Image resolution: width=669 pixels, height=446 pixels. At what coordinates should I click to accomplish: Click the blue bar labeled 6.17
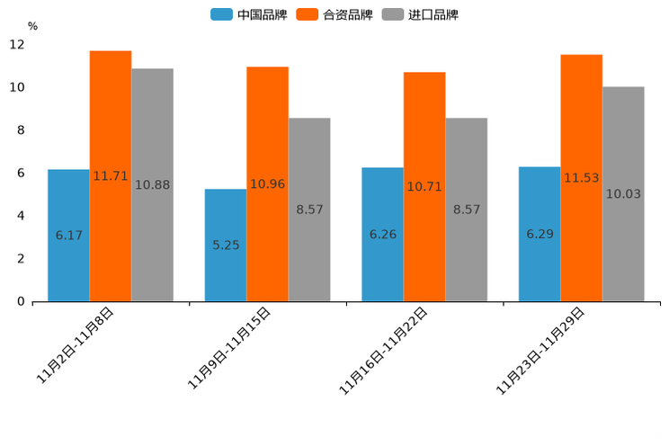pos(68,235)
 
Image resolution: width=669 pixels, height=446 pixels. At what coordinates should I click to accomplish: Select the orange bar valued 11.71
pos(111,175)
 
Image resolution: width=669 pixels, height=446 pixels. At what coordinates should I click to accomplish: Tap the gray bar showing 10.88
pos(152,184)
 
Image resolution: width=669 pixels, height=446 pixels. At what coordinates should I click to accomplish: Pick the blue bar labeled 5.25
pos(226,245)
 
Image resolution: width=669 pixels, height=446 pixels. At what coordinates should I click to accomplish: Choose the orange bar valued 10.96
pos(267,183)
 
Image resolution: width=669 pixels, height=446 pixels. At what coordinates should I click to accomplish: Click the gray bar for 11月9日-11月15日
pos(309,210)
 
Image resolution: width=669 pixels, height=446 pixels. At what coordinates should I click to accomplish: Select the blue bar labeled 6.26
pos(382,234)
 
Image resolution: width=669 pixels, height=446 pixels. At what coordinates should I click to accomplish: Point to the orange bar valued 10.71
pos(424,186)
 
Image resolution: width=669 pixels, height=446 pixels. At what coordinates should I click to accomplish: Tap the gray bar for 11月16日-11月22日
pos(466,210)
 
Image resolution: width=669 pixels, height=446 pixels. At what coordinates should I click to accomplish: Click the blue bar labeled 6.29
pos(540,234)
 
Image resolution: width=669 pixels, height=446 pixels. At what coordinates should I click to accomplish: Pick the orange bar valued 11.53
pos(582,177)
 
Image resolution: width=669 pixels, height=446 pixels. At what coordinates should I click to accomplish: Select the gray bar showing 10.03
pos(623,193)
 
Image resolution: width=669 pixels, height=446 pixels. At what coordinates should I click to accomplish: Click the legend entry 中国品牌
pos(249,14)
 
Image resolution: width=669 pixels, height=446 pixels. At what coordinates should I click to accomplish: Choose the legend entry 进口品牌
pos(421,14)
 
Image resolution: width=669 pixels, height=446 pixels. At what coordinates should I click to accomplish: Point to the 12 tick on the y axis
pos(17,44)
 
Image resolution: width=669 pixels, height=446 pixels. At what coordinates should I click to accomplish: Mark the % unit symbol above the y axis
pos(32,26)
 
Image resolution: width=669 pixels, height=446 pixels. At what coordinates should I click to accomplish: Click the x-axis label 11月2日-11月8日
pos(76,345)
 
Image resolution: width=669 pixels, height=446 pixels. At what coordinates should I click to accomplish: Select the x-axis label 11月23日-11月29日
pos(542,350)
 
